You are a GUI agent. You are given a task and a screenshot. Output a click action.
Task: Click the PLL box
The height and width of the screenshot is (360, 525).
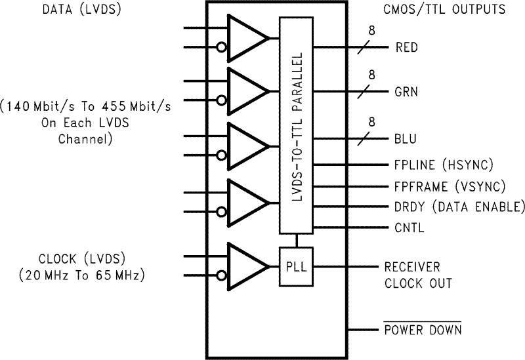click(297, 266)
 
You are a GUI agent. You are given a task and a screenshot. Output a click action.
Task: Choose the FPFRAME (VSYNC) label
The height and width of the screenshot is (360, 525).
click(450, 186)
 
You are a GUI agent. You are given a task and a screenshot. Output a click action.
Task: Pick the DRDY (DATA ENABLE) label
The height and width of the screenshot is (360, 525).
click(460, 207)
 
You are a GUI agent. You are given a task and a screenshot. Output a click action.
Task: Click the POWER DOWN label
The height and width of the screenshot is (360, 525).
click(423, 329)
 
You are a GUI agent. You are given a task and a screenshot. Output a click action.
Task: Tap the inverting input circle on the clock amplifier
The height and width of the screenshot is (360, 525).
click(222, 275)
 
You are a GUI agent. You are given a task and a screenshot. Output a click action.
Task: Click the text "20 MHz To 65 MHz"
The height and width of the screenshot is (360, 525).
click(81, 275)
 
